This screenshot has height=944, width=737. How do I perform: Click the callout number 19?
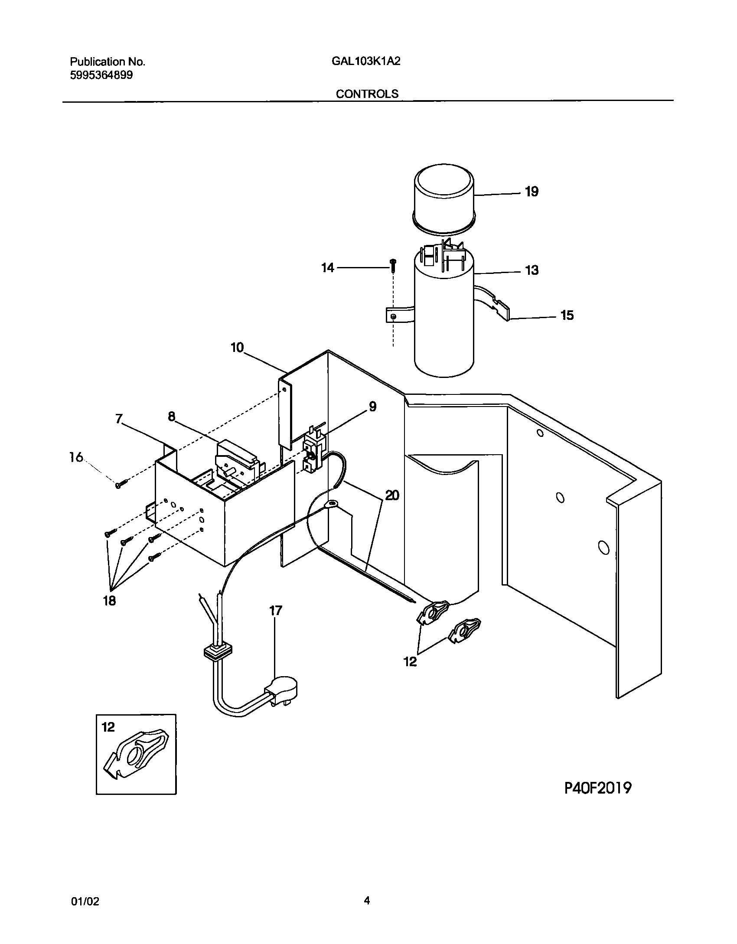531,192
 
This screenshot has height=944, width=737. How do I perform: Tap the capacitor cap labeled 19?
443,197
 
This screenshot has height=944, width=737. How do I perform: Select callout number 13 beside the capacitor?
532,270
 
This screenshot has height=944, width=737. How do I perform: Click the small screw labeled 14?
393,265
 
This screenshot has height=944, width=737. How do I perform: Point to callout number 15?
567,315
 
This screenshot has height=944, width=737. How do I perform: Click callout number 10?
237,347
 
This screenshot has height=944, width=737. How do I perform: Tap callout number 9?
372,407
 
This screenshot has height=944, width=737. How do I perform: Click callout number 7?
119,419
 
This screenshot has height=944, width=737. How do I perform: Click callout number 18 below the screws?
109,601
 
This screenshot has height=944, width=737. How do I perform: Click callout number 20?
392,495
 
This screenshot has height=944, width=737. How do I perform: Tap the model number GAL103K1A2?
365,61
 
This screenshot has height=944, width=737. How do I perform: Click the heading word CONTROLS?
367,94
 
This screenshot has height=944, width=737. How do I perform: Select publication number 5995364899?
101,75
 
